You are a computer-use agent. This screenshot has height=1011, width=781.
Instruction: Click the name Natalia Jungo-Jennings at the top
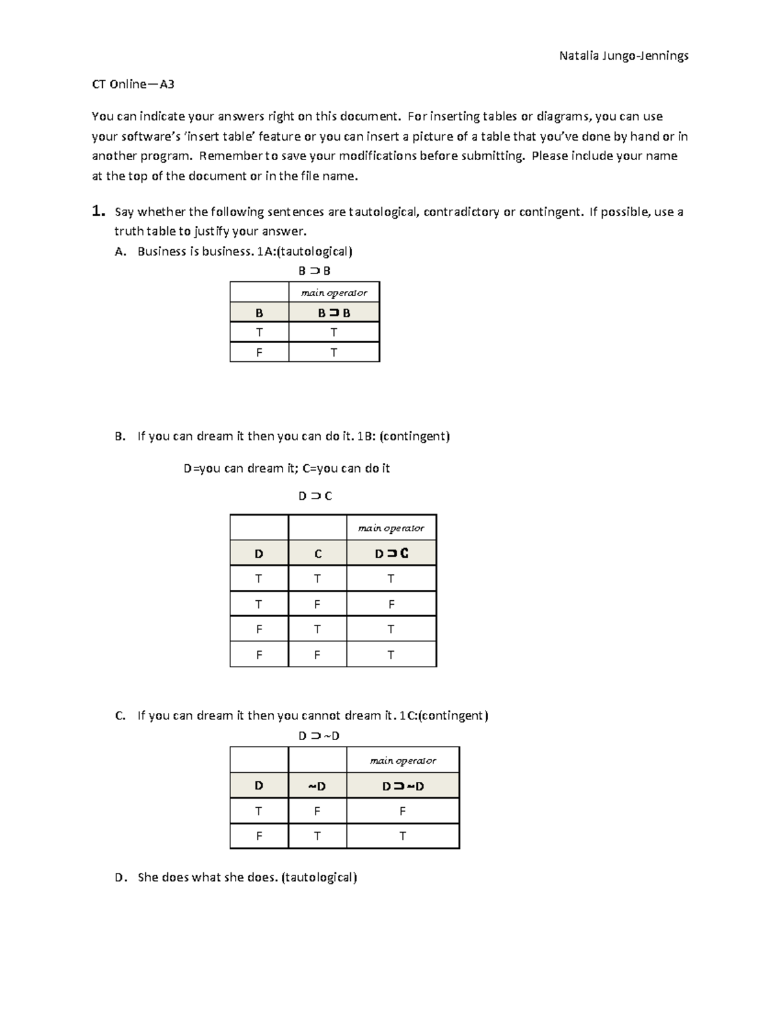coord(623,56)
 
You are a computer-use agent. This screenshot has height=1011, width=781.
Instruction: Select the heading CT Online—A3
coord(133,84)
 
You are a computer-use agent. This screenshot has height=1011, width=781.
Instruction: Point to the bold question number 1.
coord(98,212)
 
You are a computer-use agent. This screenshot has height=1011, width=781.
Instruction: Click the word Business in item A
coord(161,252)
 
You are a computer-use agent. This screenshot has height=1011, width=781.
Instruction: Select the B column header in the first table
coord(259,313)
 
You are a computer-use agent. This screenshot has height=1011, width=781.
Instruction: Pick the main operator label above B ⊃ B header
coord(334,293)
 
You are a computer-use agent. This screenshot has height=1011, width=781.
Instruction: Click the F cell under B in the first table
coord(259,353)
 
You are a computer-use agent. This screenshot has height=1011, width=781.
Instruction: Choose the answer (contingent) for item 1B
coord(415,436)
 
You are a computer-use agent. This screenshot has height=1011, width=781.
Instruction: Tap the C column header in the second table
coord(318,554)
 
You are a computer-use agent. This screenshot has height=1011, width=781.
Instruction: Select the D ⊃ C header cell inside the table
coord(391,554)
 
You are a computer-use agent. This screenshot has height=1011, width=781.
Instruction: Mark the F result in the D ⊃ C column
coord(391,604)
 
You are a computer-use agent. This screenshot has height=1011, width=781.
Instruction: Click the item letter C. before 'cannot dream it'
coord(120,716)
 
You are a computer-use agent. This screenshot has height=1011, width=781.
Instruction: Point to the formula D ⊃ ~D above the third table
coord(319,736)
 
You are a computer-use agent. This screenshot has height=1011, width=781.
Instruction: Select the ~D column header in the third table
coord(317,786)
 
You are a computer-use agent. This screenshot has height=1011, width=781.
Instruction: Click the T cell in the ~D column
coord(317,837)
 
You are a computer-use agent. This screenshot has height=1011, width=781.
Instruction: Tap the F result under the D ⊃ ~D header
coord(403,812)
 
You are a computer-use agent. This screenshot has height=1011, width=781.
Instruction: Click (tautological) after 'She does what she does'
coord(319,878)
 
